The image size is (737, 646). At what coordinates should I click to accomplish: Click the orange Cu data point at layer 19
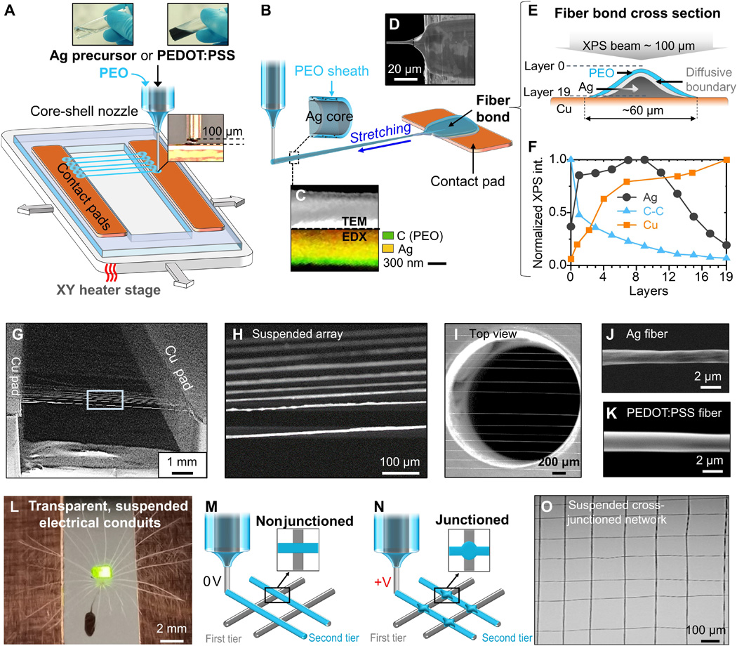click(726, 159)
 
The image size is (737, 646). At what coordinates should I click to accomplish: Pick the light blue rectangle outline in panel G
click(105, 399)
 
